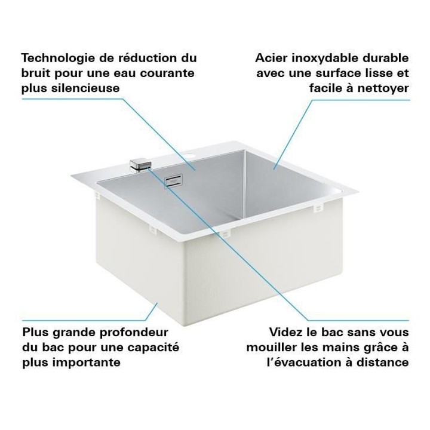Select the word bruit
pyautogui.click(x=36, y=73)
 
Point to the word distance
pyautogui.click(x=383, y=362)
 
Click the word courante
pyautogui.click(x=165, y=73)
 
